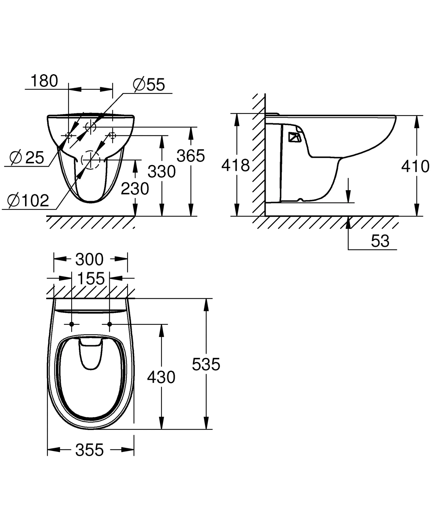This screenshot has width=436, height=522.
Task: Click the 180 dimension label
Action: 44,81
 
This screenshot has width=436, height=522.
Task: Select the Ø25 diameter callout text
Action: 27,158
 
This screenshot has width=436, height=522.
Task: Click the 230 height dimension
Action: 135,189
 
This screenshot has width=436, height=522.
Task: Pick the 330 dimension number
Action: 162,172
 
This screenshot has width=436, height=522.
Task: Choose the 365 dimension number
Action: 191,156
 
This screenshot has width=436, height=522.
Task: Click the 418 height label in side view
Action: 235,165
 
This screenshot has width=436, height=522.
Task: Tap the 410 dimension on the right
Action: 415,167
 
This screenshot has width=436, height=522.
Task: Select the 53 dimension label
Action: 380,241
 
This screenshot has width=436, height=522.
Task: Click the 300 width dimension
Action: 89,259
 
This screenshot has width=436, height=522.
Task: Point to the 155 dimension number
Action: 91,278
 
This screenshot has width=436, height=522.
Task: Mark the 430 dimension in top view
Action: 161,377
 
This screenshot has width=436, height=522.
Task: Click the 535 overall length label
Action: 206,364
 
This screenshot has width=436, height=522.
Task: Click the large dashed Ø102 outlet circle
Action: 90,160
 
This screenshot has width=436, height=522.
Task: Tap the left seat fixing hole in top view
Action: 72,324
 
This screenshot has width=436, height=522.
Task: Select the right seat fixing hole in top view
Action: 110,324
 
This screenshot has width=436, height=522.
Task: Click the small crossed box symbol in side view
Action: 295,137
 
